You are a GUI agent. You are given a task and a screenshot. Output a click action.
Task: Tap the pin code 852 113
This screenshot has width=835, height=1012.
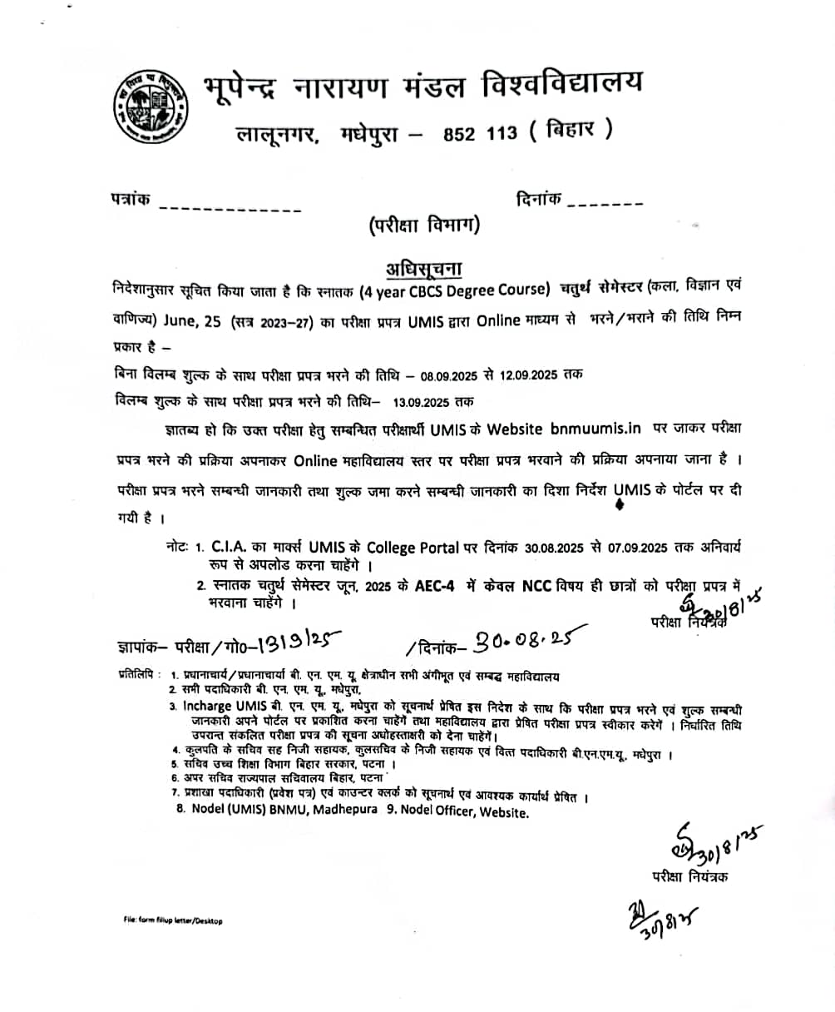click(480, 132)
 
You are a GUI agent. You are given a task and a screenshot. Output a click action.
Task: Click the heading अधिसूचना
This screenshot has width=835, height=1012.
click(423, 269)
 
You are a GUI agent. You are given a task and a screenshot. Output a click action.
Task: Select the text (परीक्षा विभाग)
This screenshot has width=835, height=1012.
click(425, 224)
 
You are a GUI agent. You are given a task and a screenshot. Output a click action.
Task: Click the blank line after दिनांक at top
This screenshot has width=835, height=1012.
click(605, 203)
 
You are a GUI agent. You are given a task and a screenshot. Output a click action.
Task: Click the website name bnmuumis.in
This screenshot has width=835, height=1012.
click(595, 429)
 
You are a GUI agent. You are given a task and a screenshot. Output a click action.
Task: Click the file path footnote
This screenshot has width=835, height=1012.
click(172, 921)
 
